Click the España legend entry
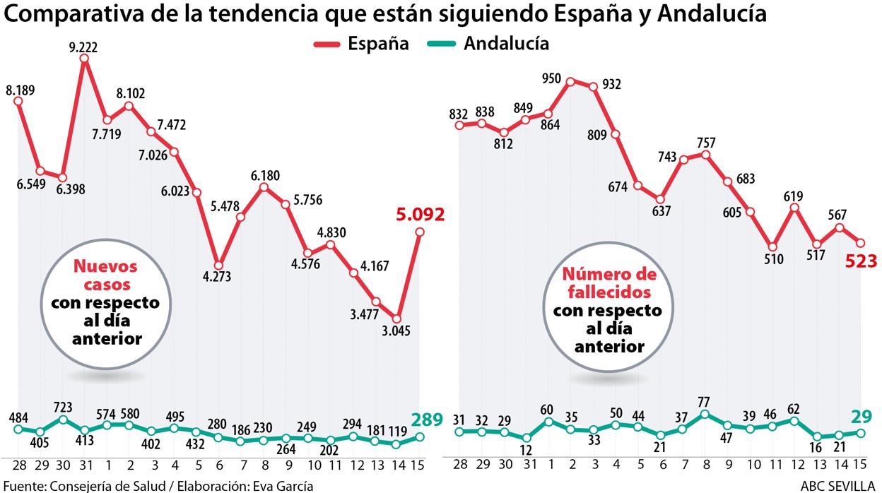(377, 44)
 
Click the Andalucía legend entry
(506, 44)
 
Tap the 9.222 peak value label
(84, 48)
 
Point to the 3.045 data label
(396, 331)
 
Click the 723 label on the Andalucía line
(63, 408)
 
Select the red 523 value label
(862, 261)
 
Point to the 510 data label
(775, 260)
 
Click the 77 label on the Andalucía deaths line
(704, 401)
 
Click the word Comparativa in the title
(74, 14)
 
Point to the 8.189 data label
(20, 90)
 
